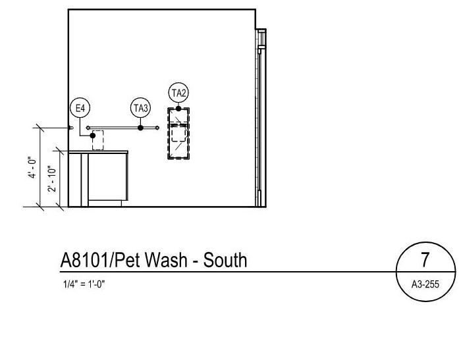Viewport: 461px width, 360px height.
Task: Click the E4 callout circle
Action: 80,108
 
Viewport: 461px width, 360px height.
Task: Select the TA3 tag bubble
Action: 140,108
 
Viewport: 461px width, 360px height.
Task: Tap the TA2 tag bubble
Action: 178,93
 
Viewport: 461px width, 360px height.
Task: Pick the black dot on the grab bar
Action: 140,128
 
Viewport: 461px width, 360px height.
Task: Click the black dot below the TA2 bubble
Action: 178,109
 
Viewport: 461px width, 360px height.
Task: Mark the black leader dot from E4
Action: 93,136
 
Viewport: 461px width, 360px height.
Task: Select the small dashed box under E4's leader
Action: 98,140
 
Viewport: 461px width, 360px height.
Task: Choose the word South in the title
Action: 225,261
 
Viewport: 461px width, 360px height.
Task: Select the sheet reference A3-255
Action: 425,284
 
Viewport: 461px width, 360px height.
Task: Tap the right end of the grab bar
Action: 157,128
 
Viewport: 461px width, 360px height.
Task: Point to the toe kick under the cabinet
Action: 105,203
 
